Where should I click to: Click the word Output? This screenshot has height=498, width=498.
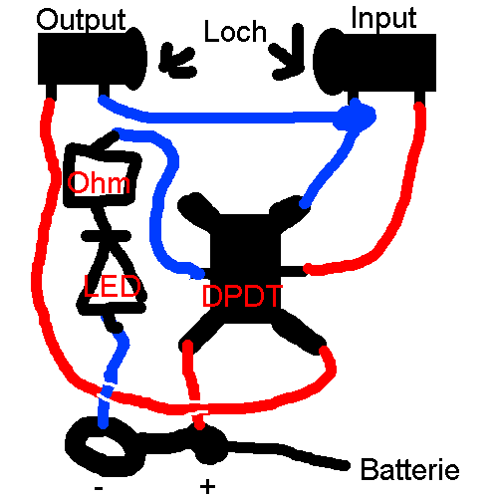tap(81, 21)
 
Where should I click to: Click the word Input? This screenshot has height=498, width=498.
tap(383, 19)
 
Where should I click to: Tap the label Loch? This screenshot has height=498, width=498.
tap(235, 31)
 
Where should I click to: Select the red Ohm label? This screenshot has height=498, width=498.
tap(99, 182)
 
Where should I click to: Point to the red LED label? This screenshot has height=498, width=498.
tap(112, 286)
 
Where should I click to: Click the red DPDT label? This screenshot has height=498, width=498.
tap(242, 296)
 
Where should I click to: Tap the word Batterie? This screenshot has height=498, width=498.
tap(410, 469)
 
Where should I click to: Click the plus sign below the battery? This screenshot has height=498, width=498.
tap(208, 487)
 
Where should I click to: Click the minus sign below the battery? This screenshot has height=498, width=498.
tap(99, 488)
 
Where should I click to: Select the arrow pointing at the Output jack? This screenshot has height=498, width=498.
tap(176, 62)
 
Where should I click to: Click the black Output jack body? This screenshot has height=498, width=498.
tap(92, 59)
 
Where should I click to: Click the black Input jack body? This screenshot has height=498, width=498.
tap(374, 62)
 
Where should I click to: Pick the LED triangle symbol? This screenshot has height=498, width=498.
tap(112, 282)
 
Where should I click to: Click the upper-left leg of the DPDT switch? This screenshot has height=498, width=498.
tap(197, 208)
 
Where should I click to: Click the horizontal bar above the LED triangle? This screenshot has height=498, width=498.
tap(107, 236)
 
